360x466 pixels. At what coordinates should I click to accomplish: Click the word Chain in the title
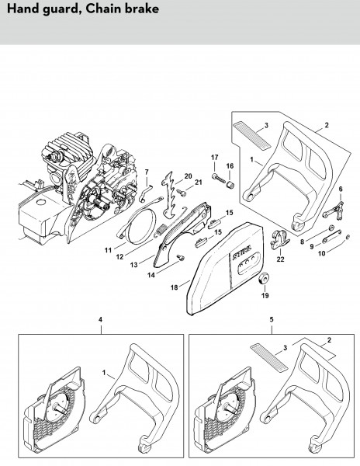pyautogui.click(x=103, y=9)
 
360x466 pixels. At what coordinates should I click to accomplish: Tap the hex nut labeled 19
pyautogui.click(x=264, y=279)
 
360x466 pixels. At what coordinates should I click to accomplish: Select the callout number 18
pyautogui.click(x=174, y=287)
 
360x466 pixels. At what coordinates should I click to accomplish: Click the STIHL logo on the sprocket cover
pyautogui.click(x=241, y=252)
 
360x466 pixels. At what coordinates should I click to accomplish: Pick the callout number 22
pyautogui.click(x=280, y=259)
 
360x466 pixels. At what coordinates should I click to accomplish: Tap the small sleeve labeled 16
pyautogui.click(x=230, y=184)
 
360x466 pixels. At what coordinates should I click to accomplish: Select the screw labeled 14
pyautogui.click(x=180, y=257)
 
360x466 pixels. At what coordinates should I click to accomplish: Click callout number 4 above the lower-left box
pyautogui.click(x=100, y=319)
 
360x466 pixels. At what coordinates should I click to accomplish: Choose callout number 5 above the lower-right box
pyautogui.click(x=272, y=319)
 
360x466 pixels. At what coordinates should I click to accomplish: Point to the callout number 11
pyautogui.click(x=108, y=250)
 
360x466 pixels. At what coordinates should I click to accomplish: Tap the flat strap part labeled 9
pyautogui.click(x=332, y=236)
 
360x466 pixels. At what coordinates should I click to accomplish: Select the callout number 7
pyautogui.click(x=147, y=172)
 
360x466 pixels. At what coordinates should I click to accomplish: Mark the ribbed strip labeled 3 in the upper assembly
pyautogui.click(x=251, y=135)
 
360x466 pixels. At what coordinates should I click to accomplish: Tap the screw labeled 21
pyautogui.click(x=181, y=193)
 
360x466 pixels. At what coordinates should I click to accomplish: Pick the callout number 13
pyautogui.click(x=134, y=264)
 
